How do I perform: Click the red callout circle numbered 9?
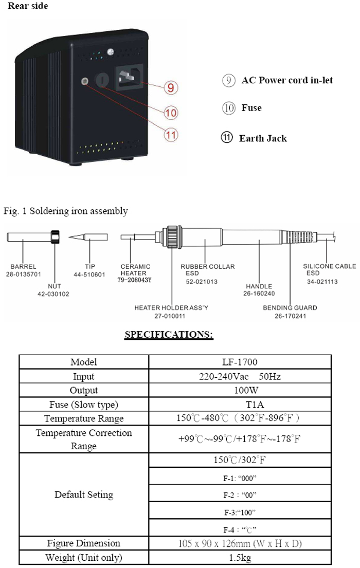[171, 87]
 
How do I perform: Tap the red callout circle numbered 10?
[171, 113]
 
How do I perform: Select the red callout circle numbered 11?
[171, 135]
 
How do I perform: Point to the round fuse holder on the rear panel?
[102, 80]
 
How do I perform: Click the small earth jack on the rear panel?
[85, 81]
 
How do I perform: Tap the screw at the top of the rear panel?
[111, 52]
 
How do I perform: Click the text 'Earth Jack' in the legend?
[263, 138]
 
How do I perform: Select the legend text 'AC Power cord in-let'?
[287, 80]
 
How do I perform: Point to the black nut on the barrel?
[55, 237]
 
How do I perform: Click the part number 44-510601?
[89, 274]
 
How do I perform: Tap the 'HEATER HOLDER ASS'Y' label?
[171, 307]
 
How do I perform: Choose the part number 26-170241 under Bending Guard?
[291, 316]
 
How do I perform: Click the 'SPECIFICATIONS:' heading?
[169, 334]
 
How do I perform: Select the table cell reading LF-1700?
[240, 362]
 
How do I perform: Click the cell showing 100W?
[240, 390]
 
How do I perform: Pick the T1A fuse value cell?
[240, 404]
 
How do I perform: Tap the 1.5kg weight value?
[240, 558]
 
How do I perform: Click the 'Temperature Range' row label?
[84, 418]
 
